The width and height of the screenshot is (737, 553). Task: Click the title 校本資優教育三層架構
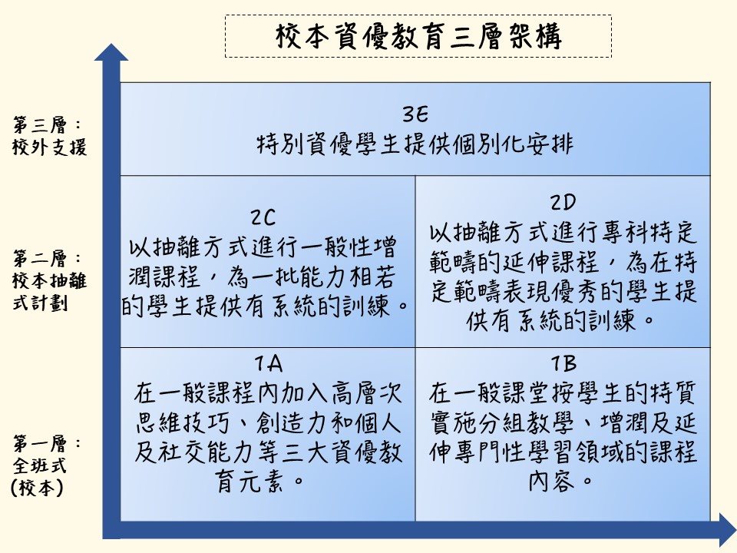point(418,36)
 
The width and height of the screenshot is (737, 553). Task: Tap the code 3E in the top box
point(415,114)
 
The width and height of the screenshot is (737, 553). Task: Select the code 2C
point(263,217)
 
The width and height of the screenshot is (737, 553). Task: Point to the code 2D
point(563,203)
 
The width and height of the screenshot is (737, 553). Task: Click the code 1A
point(269,363)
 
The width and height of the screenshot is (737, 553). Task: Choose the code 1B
point(563,363)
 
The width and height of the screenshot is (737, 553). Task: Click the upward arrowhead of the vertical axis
point(111,52)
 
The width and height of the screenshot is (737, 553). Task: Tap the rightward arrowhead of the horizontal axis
point(728,530)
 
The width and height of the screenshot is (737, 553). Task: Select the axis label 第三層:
point(47,125)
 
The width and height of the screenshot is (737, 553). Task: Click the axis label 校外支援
point(49,147)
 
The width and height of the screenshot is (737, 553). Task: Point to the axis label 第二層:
point(47,259)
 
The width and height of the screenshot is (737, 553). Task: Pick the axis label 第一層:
point(47,443)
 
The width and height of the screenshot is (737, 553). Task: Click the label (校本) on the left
point(37,488)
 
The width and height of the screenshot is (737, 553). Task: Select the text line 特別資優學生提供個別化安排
point(415,144)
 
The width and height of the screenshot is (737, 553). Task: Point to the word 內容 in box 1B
point(551,481)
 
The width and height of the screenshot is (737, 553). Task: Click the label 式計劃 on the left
point(40,302)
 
